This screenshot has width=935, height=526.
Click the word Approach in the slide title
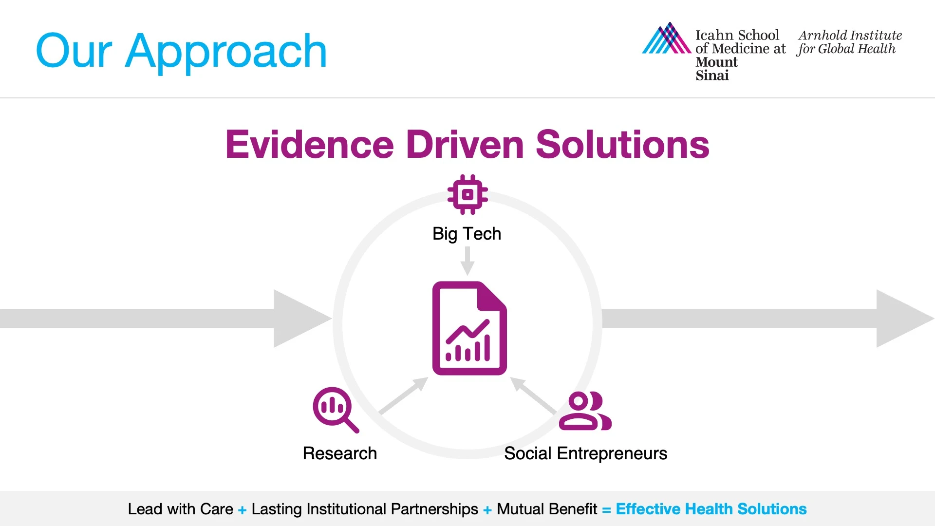click(x=226, y=52)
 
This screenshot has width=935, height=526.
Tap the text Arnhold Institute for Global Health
click(x=850, y=42)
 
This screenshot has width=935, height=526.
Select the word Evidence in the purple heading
click(x=310, y=145)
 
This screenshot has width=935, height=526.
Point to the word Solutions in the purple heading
click(x=622, y=145)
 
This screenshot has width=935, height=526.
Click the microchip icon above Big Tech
click(x=467, y=194)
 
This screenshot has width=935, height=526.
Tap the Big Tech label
click(x=467, y=234)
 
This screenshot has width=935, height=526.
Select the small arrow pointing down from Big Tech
click(x=467, y=261)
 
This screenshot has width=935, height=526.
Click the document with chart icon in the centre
click(x=469, y=328)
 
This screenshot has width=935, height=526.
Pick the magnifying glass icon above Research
click(x=336, y=410)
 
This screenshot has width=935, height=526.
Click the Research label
click(x=340, y=453)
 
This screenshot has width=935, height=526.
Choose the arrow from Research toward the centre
click(x=404, y=395)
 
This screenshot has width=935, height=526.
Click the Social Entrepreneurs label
click(x=585, y=454)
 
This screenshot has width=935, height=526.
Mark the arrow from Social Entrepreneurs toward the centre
click(x=533, y=395)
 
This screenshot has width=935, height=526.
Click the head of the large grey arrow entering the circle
click(x=302, y=319)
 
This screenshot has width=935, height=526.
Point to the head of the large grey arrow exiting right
click(x=905, y=319)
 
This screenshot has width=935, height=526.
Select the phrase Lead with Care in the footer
click(x=181, y=509)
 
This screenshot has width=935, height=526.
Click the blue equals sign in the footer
click(x=606, y=510)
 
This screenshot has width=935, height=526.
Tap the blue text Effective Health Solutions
click(x=711, y=509)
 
